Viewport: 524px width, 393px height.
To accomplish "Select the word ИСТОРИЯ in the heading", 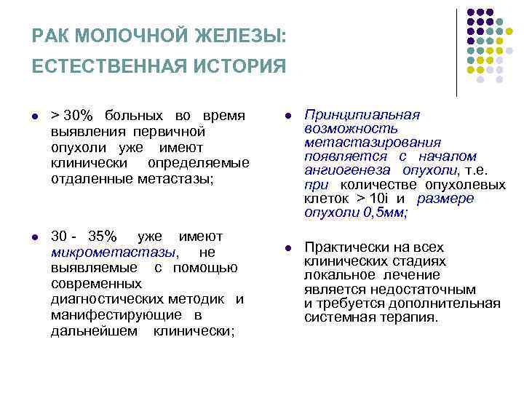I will pos(242,67).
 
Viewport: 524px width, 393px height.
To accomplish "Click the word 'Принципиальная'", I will pos(362,116).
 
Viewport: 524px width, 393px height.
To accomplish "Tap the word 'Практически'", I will pos(346,247).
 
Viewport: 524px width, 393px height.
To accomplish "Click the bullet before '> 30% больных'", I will pos(36,116).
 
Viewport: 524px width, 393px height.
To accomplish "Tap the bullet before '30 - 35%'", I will pos(36,237).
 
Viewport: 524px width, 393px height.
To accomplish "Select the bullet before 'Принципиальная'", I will pos(288,116).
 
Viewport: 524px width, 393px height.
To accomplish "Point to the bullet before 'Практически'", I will pos(288,248).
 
